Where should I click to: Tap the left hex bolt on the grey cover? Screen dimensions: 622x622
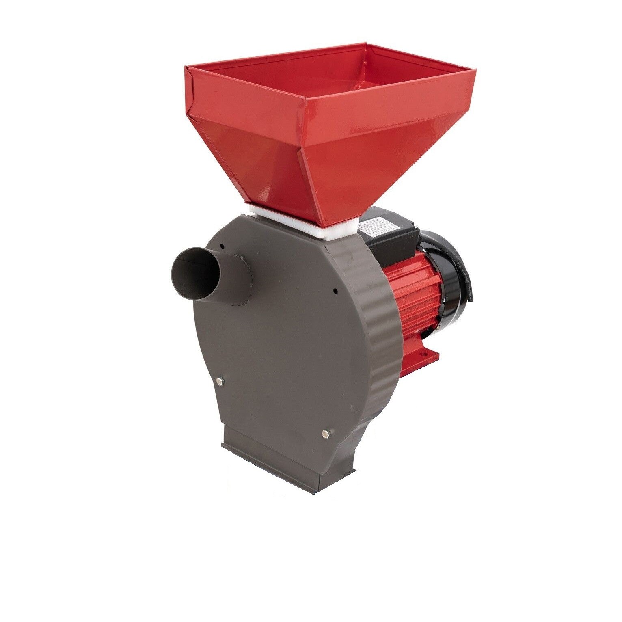tap(220, 380)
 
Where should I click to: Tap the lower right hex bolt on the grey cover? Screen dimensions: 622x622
tap(325, 434)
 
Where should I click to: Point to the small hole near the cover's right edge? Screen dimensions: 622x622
tap(335, 290)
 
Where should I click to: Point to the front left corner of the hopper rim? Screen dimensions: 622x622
tap(189, 71)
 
